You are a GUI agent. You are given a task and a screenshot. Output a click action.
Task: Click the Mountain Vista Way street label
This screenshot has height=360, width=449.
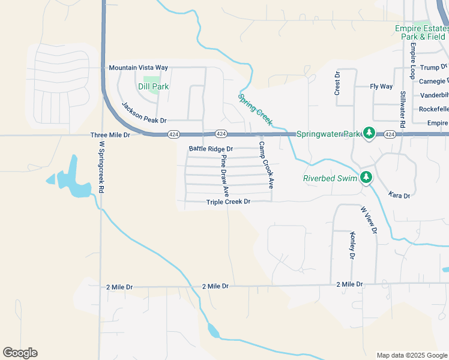tap(138, 68)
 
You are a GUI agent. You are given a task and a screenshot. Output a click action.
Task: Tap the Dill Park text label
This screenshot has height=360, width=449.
tap(154, 86)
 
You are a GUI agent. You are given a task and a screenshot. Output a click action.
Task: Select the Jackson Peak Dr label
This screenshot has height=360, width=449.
tap(143, 113)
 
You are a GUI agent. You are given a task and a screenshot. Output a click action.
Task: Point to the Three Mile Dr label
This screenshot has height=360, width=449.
tap(110, 136)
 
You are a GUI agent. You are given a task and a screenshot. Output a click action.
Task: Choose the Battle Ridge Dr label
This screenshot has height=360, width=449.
tap(211, 148)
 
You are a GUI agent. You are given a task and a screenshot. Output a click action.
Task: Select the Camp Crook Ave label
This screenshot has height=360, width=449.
tap(267, 166)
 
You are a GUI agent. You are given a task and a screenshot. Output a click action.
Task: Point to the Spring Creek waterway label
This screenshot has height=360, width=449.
tap(255, 109)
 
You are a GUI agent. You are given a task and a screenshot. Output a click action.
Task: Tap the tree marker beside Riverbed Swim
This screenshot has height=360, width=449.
tap(365, 177)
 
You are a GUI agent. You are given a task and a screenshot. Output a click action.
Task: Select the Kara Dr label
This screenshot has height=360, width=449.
tap(399, 196)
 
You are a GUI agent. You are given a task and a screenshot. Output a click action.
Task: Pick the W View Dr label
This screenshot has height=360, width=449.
tap(369, 220)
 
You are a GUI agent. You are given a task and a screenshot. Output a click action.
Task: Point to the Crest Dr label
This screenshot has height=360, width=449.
tap(337, 83)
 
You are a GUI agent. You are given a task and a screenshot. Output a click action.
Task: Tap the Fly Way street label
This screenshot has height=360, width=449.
tap(381, 86)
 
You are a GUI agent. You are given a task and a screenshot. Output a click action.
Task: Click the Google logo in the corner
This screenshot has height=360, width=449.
tap(20, 353)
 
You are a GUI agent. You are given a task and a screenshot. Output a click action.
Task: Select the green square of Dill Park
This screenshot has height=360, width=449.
tap(152, 82)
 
